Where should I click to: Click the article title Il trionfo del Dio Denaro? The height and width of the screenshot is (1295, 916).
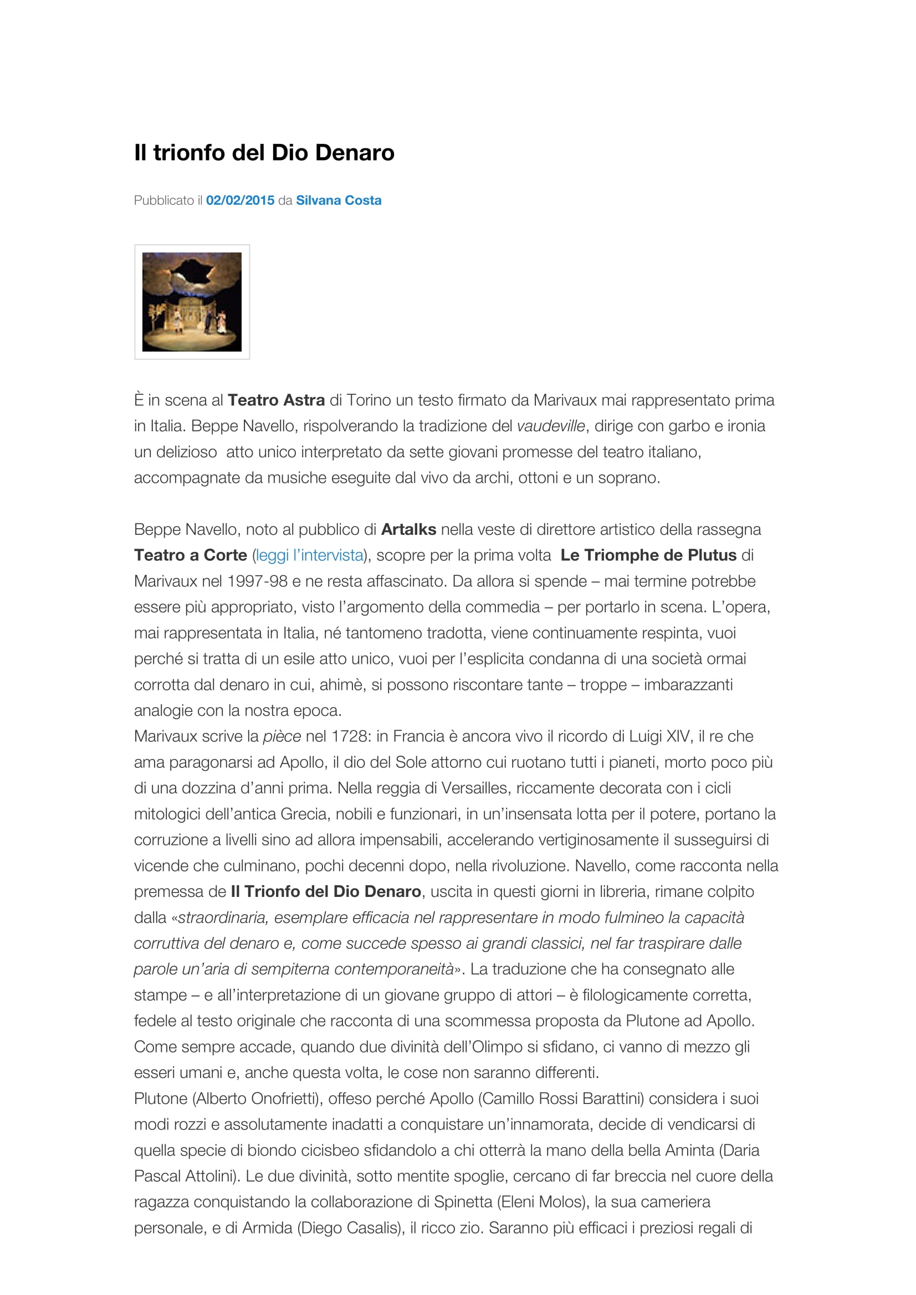(264, 153)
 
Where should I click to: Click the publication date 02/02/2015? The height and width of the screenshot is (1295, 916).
(240, 200)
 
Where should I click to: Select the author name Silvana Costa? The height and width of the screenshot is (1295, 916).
(339, 200)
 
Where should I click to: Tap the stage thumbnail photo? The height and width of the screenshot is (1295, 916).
(192, 302)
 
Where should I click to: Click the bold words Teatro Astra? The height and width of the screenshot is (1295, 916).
(276, 400)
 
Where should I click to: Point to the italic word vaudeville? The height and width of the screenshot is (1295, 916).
(550, 426)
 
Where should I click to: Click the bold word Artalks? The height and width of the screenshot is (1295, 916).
(408, 529)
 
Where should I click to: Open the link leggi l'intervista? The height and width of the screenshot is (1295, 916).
(309, 555)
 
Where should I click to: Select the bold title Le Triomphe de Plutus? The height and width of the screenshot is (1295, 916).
(648, 555)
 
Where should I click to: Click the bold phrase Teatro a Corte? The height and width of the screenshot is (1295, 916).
(190, 555)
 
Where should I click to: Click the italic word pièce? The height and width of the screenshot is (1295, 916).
(282, 736)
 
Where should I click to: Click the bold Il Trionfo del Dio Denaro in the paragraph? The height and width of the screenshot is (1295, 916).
(326, 891)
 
